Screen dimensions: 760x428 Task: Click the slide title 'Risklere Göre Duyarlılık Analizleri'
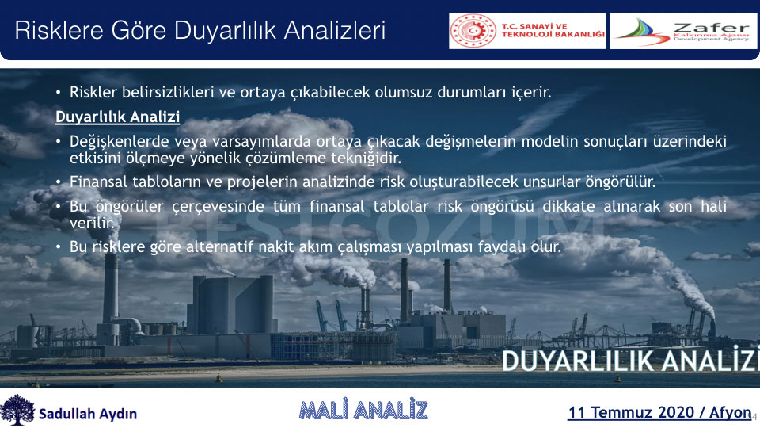200,31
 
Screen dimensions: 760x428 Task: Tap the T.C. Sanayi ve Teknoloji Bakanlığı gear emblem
473,31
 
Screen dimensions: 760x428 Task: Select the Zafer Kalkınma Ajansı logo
683,31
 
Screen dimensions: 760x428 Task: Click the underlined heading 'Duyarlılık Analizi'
117,117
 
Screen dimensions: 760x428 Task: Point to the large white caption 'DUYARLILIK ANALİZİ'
630,361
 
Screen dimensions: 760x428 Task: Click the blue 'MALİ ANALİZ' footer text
363,410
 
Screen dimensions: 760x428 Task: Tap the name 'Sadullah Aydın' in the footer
88,414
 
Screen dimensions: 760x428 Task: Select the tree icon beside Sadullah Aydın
17,410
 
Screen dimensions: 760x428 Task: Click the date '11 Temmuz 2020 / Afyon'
659,412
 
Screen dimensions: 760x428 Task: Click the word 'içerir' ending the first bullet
531,92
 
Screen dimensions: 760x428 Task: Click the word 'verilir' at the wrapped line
92,223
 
